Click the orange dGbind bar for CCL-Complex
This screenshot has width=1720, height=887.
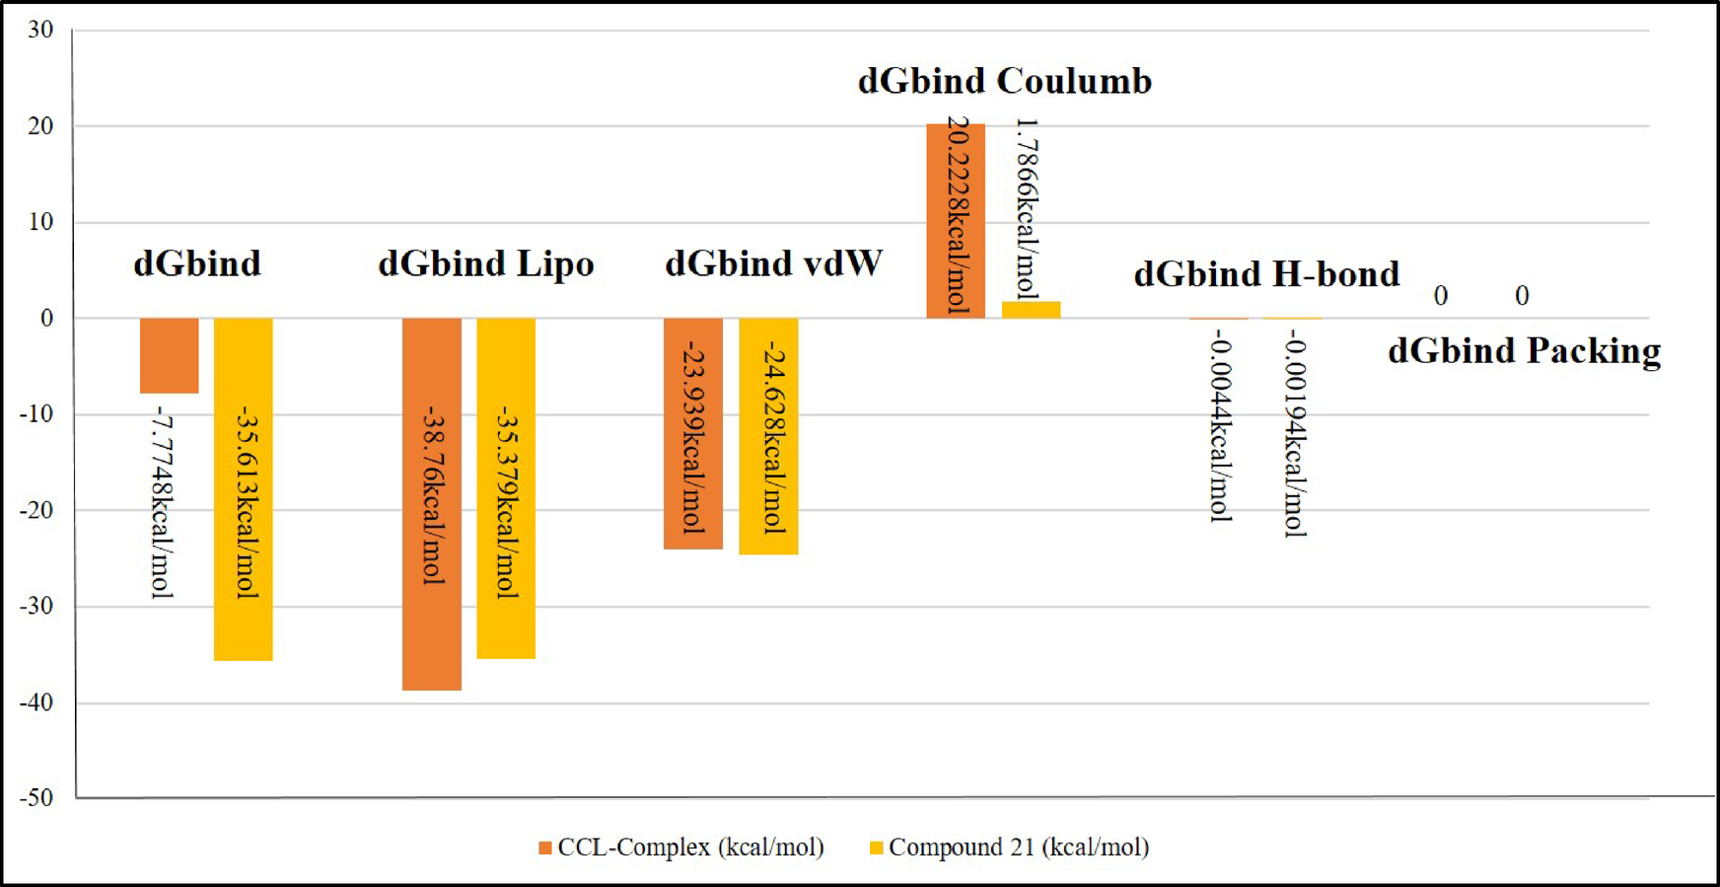169,355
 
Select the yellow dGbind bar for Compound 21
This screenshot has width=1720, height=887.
243,488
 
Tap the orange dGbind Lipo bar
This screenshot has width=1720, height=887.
431,503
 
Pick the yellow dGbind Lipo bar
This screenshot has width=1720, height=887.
506,488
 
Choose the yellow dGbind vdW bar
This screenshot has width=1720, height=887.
768,435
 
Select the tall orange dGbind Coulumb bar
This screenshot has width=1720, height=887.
955,220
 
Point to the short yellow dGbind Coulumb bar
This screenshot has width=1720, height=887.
1031,310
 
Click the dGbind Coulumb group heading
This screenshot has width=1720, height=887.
1004,81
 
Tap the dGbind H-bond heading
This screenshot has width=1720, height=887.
1266,274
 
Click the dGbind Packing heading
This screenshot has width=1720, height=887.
1524,351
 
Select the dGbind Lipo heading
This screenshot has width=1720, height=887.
485,264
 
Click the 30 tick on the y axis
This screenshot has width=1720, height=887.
40,30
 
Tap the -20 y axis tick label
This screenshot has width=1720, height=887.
37,510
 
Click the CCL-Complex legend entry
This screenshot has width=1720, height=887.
681,848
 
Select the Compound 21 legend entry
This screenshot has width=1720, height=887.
1009,848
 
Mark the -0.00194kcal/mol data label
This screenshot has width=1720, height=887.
1295,436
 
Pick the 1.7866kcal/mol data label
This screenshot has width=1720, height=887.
1027,208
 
